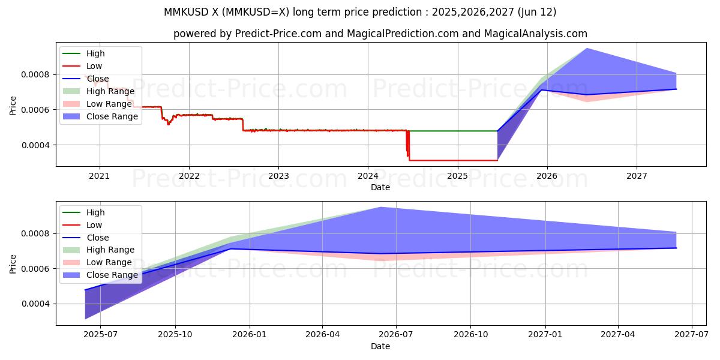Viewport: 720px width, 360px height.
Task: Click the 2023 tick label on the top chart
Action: [x=278, y=176]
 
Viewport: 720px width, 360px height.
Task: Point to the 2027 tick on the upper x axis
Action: [x=637, y=176]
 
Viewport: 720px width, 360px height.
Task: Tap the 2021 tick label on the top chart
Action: [x=99, y=176]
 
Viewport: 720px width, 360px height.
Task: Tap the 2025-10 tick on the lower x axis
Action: [x=175, y=335]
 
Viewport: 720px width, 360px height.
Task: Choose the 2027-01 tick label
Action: [x=545, y=335]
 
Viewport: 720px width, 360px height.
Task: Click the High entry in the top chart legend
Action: [x=95, y=53]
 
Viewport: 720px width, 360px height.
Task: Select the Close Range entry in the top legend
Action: [x=112, y=116]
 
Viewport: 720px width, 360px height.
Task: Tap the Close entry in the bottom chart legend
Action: [x=98, y=238]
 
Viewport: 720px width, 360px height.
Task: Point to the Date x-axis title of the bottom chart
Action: [x=380, y=346]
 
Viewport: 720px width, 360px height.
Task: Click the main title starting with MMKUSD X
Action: [x=360, y=12]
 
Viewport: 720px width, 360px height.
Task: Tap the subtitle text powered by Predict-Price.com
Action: [x=380, y=34]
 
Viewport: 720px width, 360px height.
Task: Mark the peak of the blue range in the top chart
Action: [x=586, y=49]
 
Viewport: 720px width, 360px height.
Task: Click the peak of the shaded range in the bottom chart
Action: [x=380, y=208]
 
